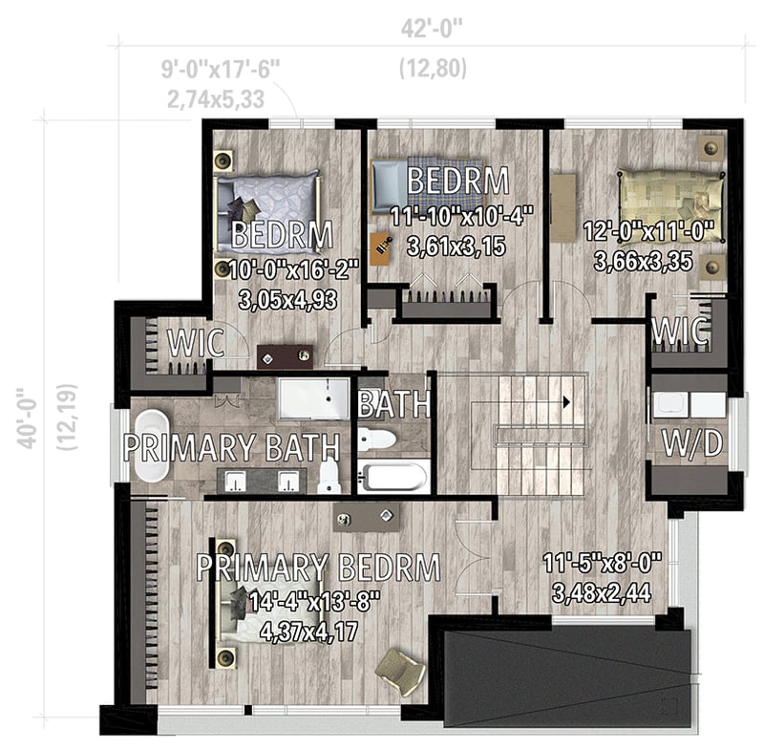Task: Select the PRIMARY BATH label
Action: click(232, 446)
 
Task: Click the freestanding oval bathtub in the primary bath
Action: click(150, 445)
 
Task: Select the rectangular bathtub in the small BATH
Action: click(393, 475)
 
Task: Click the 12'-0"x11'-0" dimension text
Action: click(654, 231)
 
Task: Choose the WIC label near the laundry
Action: click(680, 332)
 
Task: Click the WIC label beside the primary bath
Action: click(197, 341)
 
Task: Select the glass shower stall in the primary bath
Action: click(313, 398)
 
